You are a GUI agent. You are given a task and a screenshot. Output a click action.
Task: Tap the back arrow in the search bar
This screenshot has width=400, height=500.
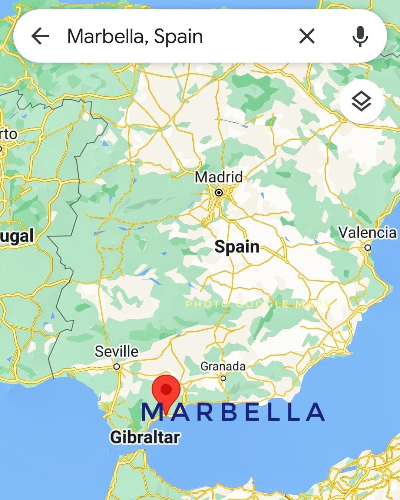(x=40, y=36)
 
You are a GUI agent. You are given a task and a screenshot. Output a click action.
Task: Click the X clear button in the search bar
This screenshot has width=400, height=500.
(x=307, y=36)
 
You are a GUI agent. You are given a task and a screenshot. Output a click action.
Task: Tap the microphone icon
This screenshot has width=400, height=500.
(x=360, y=36)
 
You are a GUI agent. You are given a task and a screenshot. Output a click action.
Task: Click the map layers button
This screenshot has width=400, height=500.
(x=361, y=102)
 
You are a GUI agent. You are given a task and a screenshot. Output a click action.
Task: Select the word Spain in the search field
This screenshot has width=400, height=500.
(x=178, y=36)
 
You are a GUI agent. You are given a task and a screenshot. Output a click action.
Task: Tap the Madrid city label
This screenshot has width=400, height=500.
(x=219, y=177)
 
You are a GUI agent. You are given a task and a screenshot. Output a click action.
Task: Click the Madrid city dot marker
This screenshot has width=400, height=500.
(x=219, y=192)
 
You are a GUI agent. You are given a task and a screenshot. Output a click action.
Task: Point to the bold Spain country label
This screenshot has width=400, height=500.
(x=237, y=246)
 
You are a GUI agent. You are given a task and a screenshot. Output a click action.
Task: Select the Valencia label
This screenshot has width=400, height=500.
(x=367, y=233)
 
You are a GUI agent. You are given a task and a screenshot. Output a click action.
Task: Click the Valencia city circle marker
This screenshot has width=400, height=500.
(x=367, y=247)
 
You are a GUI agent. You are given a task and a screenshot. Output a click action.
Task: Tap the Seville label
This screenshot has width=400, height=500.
(x=116, y=351)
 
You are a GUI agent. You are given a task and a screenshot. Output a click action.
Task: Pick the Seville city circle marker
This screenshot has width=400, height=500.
(x=117, y=367)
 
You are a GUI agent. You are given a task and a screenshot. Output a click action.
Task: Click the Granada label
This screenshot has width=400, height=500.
(x=223, y=366)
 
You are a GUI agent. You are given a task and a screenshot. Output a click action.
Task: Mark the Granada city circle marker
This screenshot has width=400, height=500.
(x=223, y=378)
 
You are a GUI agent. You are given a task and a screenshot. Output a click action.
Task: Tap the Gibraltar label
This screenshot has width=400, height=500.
(x=145, y=437)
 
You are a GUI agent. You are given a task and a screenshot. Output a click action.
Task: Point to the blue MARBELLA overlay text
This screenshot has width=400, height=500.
(x=234, y=412)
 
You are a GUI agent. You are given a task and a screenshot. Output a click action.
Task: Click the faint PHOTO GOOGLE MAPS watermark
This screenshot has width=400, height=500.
(x=258, y=304)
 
